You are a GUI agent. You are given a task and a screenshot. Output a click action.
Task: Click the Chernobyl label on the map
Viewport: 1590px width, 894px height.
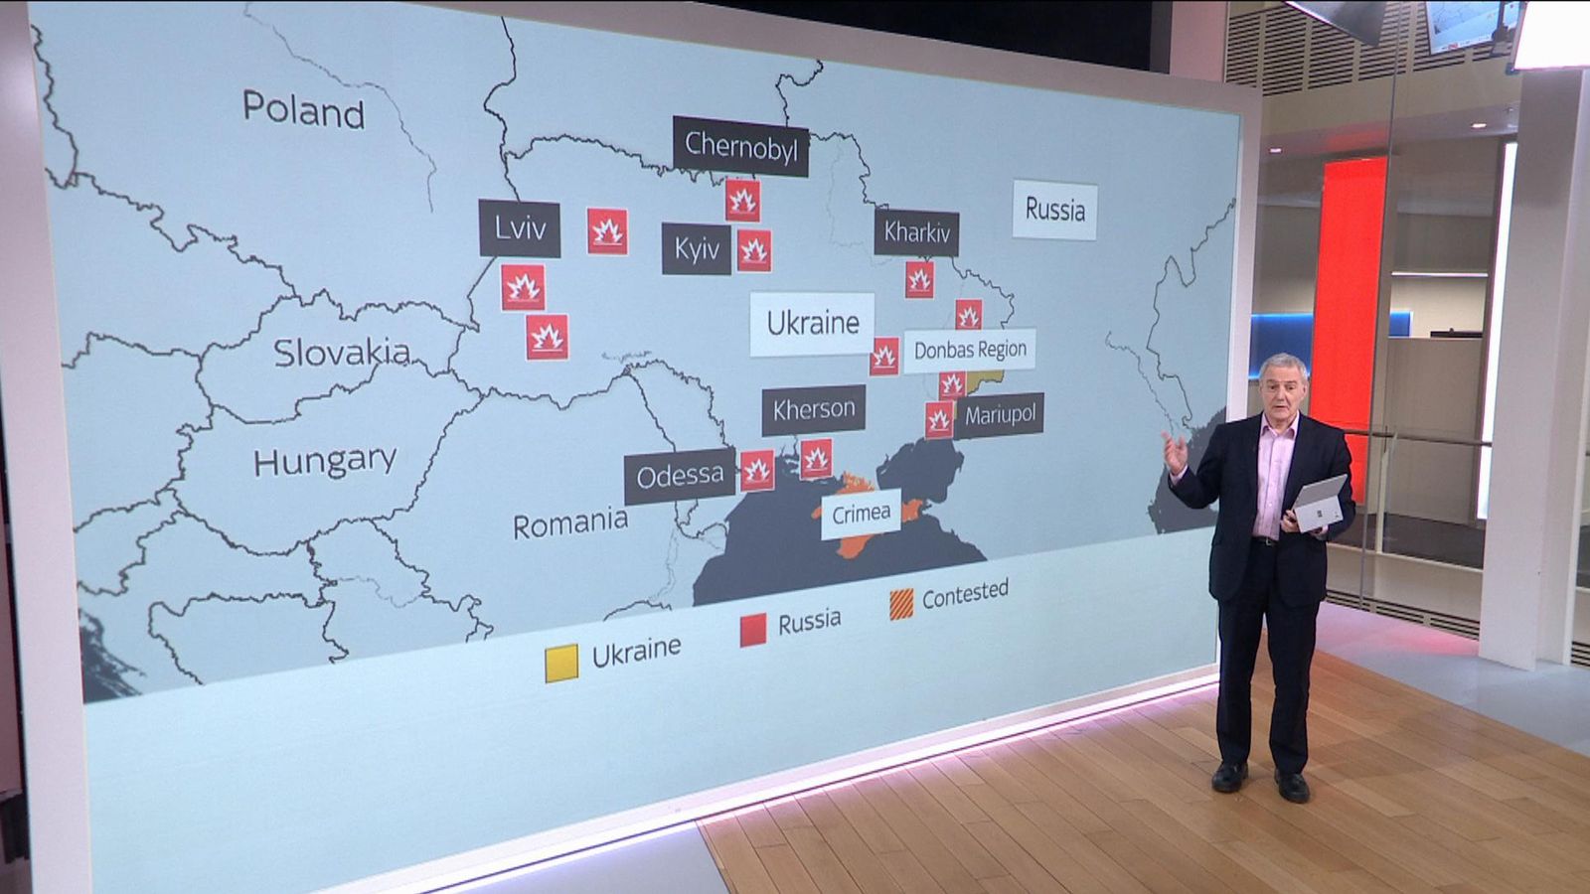[740, 147]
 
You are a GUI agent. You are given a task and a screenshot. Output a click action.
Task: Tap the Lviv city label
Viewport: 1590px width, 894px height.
[520, 228]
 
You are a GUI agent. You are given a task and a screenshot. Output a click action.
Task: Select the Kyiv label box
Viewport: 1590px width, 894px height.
[697, 248]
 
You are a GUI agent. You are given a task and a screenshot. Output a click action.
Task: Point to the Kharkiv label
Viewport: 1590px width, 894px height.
[916, 233]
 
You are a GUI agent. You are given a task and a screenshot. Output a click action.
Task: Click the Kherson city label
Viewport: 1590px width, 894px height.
[813, 409]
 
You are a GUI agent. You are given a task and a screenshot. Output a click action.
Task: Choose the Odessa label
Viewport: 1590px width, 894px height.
[680, 477]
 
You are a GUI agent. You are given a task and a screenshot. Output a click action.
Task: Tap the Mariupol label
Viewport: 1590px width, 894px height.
[999, 415]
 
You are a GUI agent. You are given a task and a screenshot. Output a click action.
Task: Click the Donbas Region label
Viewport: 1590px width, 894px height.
[969, 350]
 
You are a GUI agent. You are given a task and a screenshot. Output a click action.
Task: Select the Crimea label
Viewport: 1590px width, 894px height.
[861, 514]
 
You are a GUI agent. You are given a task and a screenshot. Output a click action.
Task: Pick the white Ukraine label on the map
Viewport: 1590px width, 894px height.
[812, 323]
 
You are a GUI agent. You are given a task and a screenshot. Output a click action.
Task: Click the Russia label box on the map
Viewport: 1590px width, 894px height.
[1054, 211]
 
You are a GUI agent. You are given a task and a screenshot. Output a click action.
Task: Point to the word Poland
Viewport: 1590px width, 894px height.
[303, 109]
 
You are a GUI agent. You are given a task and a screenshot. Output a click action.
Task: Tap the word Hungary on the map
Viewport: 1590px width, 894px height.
[324, 461]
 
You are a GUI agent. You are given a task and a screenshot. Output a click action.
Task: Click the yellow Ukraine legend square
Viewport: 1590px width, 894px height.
[561, 663]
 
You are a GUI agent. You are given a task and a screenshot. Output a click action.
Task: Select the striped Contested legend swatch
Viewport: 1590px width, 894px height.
[901, 604]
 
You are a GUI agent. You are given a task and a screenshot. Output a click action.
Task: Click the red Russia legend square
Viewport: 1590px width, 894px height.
[753, 630]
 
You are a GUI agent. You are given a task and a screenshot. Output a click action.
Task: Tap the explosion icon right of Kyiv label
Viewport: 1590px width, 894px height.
[754, 251]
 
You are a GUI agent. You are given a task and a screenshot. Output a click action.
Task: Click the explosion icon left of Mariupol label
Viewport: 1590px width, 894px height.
[939, 420]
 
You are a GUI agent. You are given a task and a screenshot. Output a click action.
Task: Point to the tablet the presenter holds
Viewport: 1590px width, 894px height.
[1320, 504]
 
